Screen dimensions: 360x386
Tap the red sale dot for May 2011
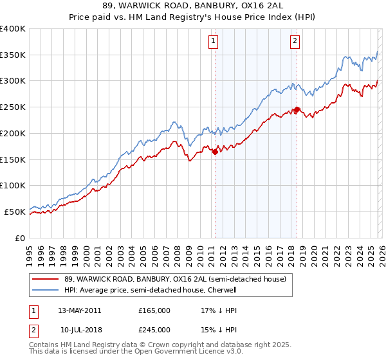pyautogui.click(x=215, y=152)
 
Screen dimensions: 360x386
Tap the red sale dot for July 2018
pyautogui.click(x=297, y=109)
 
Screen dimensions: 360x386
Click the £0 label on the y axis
pyautogui.click(x=21, y=238)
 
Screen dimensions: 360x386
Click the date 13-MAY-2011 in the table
pyautogui.click(x=79, y=310)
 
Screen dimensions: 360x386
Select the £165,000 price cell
pyautogui.click(x=154, y=310)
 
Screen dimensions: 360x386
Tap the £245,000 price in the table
pyautogui.click(x=154, y=330)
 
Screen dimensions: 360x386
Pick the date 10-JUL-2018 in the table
pyautogui.click(x=79, y=330)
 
